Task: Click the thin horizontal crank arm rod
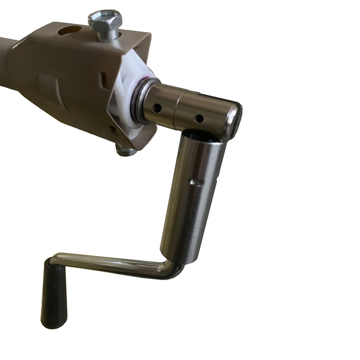point(110,262)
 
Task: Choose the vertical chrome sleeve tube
point(192,192)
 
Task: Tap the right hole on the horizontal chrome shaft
point(199,118)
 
